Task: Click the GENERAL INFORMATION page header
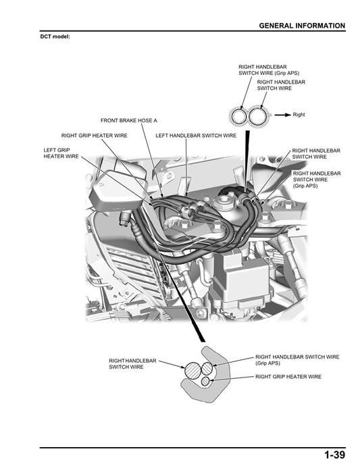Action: coord(302,26)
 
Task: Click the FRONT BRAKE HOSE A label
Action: coord(128,120)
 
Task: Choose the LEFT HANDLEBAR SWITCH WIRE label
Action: coord(196,135)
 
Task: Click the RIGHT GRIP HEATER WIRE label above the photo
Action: coord(94,135)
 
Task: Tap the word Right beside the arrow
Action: coord(299,115)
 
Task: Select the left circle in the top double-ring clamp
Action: coord(238,116)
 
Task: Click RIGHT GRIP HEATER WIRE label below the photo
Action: coord(288,376)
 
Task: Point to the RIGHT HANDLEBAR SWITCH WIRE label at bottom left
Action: coord(132,364)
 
